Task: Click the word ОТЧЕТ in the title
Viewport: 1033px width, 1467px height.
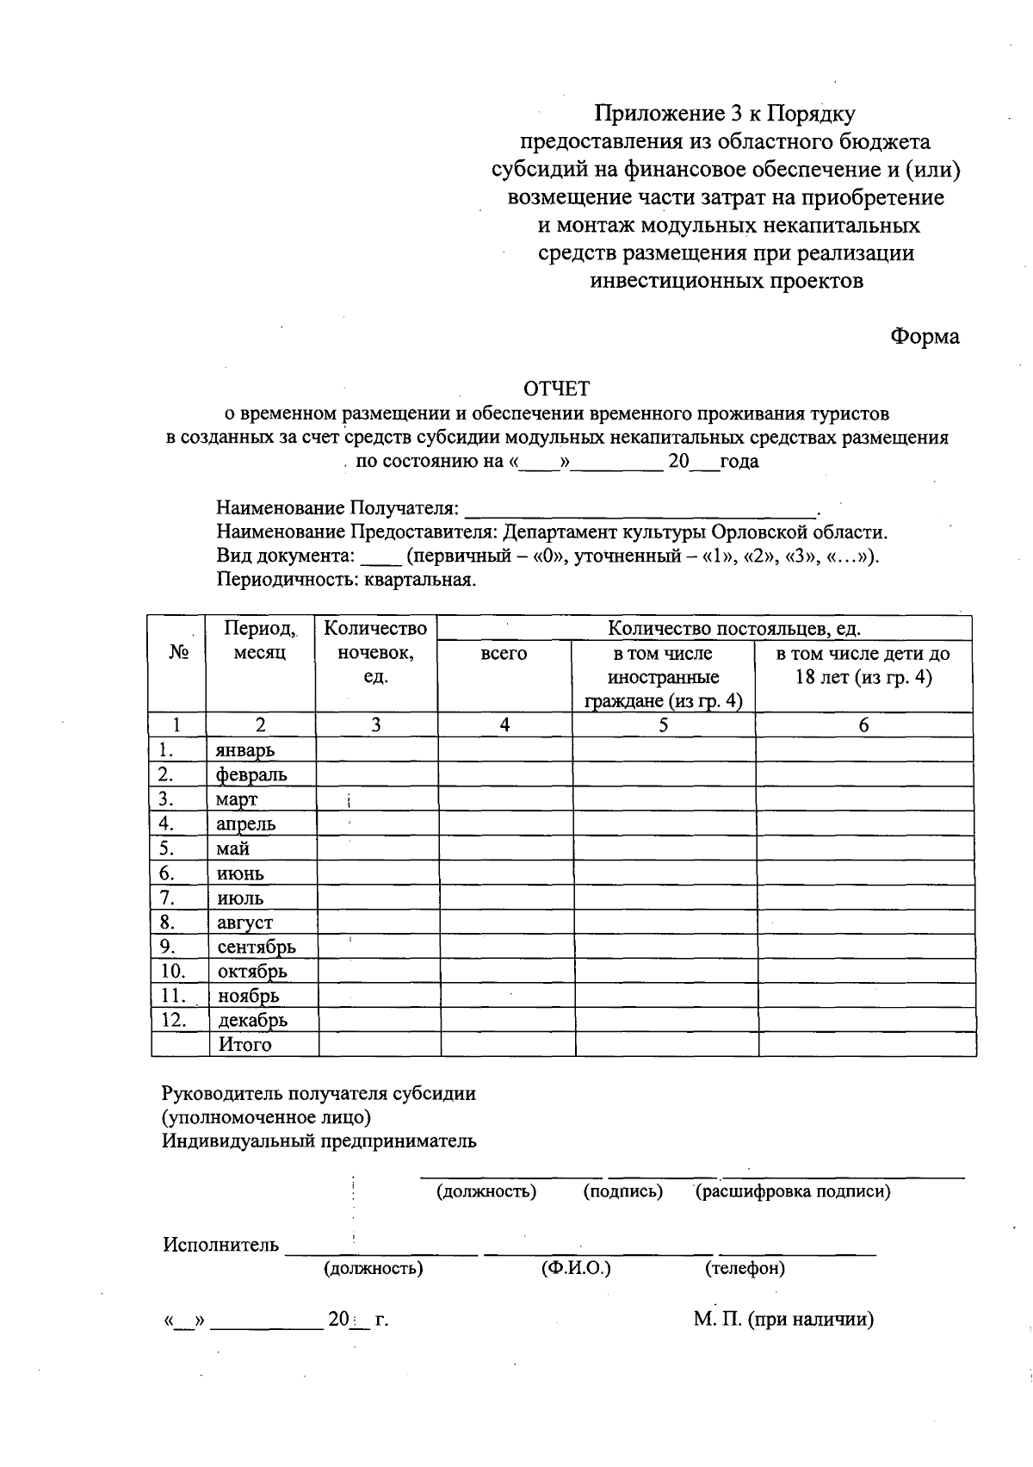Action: (x=558, y=389)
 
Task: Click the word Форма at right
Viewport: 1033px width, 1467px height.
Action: (x=925, y=337)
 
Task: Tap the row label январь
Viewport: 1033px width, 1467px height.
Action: (x=245, y=750)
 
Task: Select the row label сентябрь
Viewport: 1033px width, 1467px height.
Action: (x=257, y=948)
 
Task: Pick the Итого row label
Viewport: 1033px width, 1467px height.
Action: (x=244, y=1046)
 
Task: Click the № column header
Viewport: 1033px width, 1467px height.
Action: (x=178, y=653)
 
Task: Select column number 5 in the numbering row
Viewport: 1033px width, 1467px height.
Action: (x=663, y=725)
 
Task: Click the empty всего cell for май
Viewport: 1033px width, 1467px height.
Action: (x=506, y=849)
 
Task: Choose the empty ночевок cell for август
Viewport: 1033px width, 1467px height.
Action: (x=378, y=923)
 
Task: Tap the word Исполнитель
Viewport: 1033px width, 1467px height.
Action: (x=221, y=1246)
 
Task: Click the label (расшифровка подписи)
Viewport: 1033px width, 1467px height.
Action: (x=792, y=1192)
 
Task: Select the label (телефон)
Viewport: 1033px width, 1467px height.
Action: (x=745, y=1269)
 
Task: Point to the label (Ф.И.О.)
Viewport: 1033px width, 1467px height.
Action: (x=576, y=1269)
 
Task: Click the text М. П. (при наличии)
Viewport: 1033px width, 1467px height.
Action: (x=783, y=1320)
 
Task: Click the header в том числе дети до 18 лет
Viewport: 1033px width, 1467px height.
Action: (x=863, y=666)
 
